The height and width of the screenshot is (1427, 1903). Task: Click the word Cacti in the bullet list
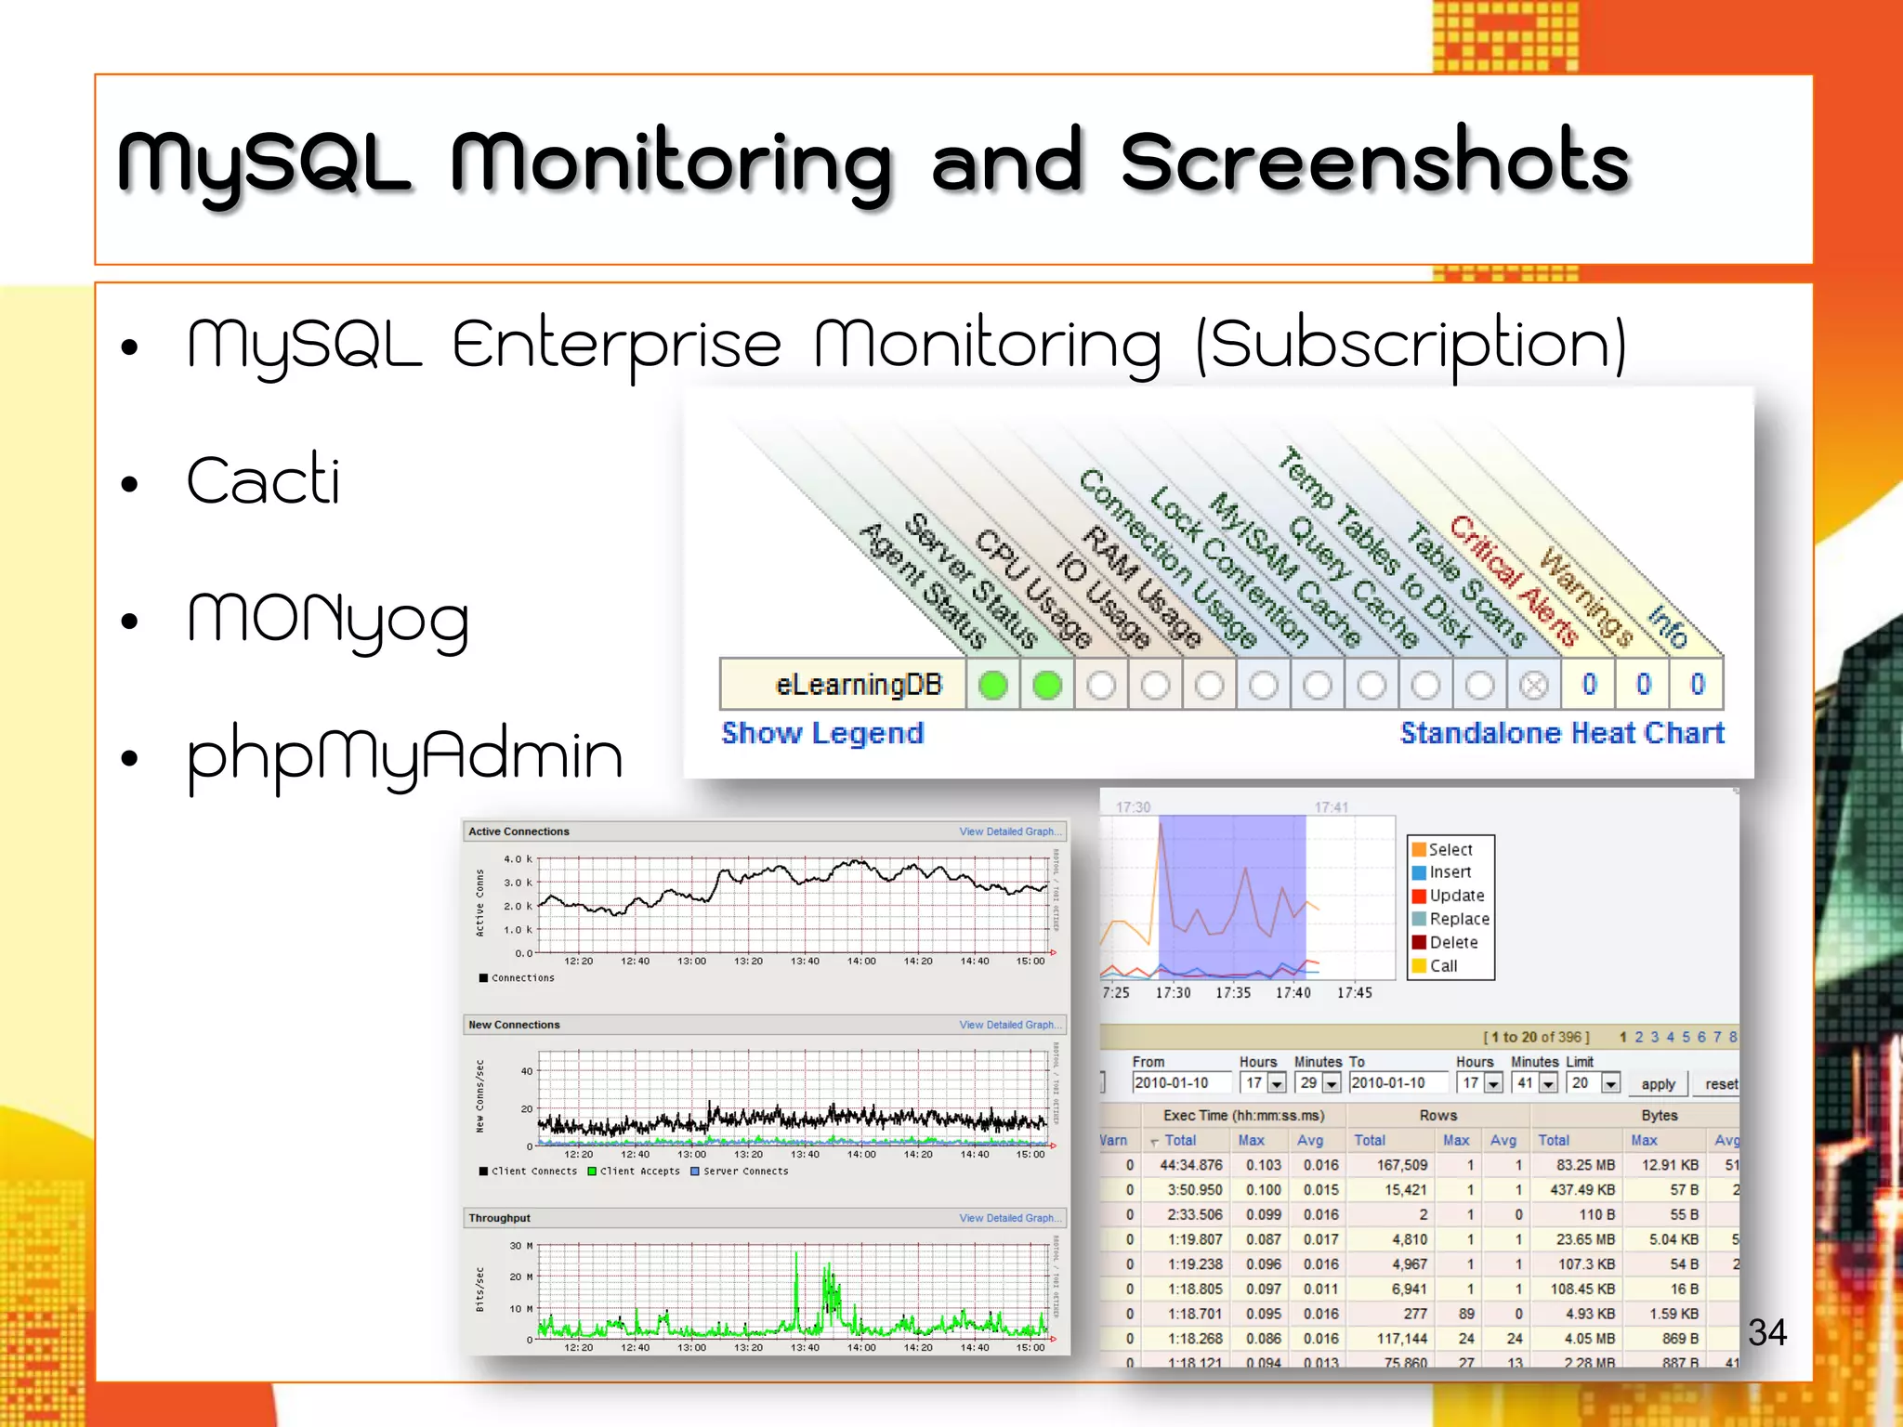tap(263, 480)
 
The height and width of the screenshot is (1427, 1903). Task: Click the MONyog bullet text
tap(328, 620)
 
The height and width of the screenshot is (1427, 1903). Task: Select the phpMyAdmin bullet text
tap(404, 756)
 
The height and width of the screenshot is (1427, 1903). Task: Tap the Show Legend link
tap(822, 733)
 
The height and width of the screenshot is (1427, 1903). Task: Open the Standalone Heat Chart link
tap(1562, 733)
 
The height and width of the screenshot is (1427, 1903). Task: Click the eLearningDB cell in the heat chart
tap(857, 685)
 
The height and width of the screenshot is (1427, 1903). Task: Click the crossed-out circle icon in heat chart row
tap(1534, 686)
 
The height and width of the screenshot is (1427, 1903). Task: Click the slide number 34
tap(1766, 1332)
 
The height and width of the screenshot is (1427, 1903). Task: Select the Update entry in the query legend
tap(1456, 896)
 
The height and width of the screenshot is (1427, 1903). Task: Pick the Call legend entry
tap(1443, 965)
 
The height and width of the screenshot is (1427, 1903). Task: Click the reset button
tap(1720, 1084)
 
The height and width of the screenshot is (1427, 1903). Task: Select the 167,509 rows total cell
tap(1401, 1165)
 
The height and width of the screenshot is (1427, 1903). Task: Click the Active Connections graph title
tap(518, 831)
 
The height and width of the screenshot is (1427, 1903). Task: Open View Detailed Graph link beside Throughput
tap(1009, 1218)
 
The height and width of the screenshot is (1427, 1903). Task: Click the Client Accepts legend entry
tap(639, 1172)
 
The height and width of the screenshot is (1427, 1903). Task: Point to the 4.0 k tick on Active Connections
tap(517, 859)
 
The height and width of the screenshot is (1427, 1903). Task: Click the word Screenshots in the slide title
tap(1374, 164)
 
